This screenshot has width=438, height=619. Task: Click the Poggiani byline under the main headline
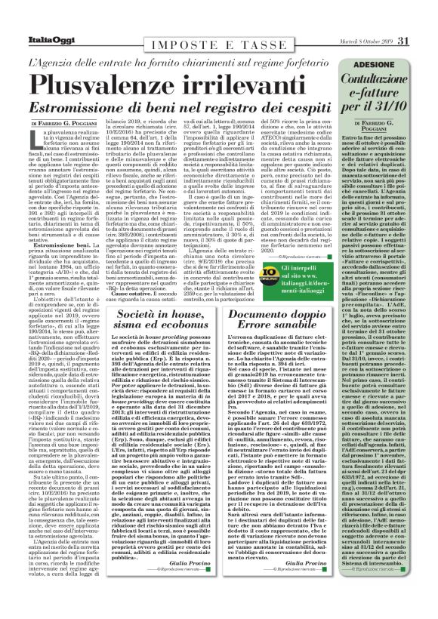[x=66, y=122]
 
